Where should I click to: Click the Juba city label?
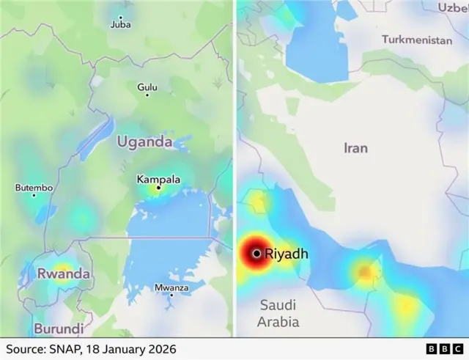coord(120,24)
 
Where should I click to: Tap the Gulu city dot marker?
coord(147,95)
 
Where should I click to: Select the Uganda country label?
coord(146,142)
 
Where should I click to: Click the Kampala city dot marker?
coord(158,188)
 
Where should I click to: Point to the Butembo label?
coord(34,188)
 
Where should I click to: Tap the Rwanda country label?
coord(64,273)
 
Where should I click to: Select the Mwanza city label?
coord(171,287)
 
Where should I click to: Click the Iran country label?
coord(355,148)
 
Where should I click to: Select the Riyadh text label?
coord(287,254)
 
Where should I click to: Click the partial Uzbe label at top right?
coord(453,7)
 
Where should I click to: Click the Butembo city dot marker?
coord(34,195)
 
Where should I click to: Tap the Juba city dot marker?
coord(121,15)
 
